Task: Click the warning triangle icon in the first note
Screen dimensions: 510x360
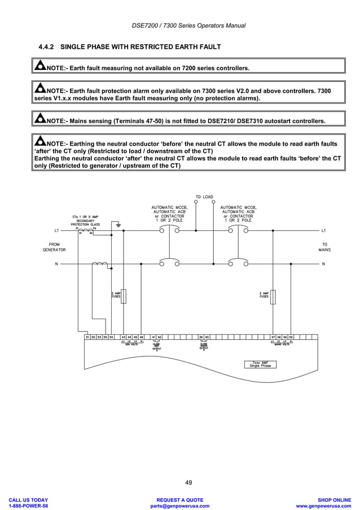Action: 40,67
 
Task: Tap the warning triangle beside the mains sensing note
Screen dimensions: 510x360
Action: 40,119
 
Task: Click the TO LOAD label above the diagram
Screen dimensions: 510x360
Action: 204,197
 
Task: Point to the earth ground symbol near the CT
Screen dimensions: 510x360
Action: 117,225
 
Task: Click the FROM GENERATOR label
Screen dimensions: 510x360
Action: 54,246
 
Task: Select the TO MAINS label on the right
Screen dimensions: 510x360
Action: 324,246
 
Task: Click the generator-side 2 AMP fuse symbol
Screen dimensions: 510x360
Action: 124,295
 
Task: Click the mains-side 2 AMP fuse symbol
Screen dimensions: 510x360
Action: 273,295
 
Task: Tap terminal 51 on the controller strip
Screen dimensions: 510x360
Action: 87,337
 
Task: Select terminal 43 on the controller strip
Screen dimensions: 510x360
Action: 123,337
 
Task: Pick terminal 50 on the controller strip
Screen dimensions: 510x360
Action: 291,337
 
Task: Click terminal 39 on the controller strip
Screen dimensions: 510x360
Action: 201,337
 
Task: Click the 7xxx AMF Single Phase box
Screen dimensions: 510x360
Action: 260,364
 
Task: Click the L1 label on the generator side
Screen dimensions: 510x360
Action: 56,230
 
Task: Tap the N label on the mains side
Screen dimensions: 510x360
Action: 323,264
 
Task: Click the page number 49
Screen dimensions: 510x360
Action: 188,482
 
